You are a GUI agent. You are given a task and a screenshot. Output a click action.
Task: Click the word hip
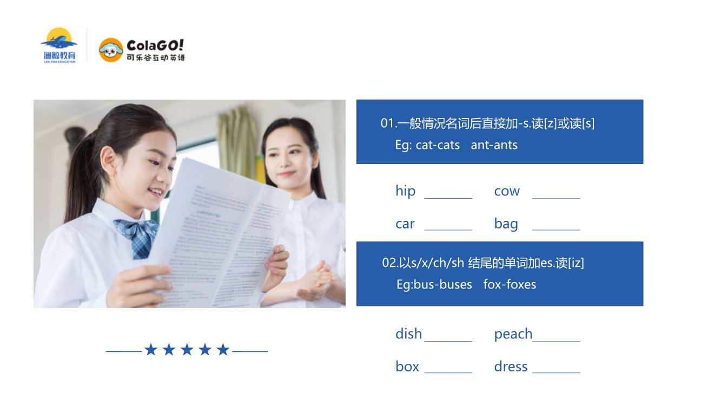(x=405, y=191)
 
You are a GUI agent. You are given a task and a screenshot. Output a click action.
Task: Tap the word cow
(x=507, y=192)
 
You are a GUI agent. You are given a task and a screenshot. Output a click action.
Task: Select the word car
(x=405, y=224)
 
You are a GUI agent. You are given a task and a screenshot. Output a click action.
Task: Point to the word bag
(x=506, y=224)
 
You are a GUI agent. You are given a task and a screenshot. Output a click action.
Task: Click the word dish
(x=408, y=334)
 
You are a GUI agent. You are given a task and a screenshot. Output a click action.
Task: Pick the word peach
(x=513, y=335)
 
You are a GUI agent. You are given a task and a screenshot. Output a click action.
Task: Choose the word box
(x=407, y=366)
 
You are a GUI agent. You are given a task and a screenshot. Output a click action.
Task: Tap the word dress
(x=511, y=366)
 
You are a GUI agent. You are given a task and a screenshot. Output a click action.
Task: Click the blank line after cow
(x=556, y=198)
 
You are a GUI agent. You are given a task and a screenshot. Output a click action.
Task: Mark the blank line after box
(x=448, y=372)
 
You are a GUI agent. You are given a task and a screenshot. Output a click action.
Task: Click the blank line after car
(x=448, y=230)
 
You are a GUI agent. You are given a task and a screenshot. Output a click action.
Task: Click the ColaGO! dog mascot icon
(x=111, y=50)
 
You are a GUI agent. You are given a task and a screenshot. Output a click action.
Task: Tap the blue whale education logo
(x=59, y=45)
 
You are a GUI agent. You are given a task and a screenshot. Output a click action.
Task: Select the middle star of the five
(x=187, y=350)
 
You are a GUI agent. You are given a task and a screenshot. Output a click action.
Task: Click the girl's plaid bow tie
(x=137, y=237)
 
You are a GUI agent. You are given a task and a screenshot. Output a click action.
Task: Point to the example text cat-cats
(x=438, y=145)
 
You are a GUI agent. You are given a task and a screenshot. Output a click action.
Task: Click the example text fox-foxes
(x=510, y=284)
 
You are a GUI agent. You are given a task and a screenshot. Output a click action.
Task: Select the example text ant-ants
(x=494, y=145)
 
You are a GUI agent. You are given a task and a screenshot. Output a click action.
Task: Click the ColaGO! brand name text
(x=155, y=45)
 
